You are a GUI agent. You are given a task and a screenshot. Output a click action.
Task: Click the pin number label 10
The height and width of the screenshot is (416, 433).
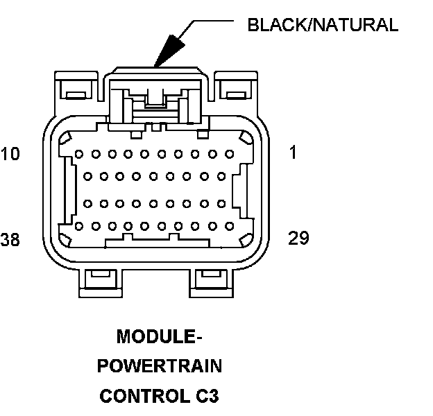pyautogui.click(x=10, y=153)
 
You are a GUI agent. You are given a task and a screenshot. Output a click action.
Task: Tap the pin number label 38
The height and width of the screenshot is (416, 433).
pyautogui.click(x=10, y=240)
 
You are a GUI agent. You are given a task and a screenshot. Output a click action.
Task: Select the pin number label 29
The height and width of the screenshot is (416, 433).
pyautogui.click(x=298, y=239)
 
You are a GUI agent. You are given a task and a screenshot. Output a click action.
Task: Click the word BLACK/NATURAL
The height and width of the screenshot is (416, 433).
pyautogui.click(x=323, y=26)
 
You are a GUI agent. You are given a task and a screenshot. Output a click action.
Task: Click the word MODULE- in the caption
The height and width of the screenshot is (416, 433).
pyautogui.click(x=159, y=338)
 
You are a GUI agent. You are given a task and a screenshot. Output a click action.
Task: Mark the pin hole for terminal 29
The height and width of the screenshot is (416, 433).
pyautogui.click(x=230, y=226)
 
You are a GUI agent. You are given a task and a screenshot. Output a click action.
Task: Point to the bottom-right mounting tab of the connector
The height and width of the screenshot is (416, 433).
pyautogui.click(x=206, y=279)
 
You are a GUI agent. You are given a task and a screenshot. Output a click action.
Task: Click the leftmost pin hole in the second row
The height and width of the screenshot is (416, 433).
pyautogui.click(x=87, y=177)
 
